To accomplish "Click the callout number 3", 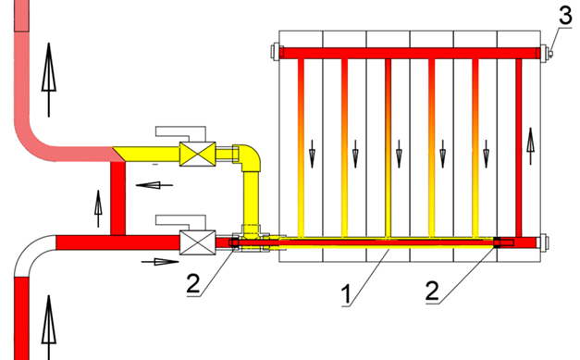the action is pyautogui.click(x=565, y=16).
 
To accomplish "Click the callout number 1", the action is pyautogui.click(x=346, y=294).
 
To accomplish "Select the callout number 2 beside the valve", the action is pyautogui.click(x=193, y=284).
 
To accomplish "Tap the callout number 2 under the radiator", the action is pyautogui.click(x=432, y=292).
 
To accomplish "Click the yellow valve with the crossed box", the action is pyautogui.click(x=198, y=154).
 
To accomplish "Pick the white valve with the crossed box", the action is pyautogui.click(x=198, y=242).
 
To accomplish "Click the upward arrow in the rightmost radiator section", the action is pyautogui.click(x=531, y=146).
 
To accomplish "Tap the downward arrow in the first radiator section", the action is pyautogui.click(x=312, y=154).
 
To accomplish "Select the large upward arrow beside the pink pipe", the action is pyautogui.click(x=49, y=80).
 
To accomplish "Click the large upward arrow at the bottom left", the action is pyautogui.click(x=49, y=328).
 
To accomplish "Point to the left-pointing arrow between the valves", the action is pyautogui.click(x=154, y=185).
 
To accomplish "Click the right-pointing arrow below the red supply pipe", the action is pyautogui.click(x=160, y=262).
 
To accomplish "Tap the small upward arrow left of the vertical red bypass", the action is pyautogui.click(x=98, y=208).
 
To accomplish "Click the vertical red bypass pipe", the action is pyautogui.click(x=118, y=198).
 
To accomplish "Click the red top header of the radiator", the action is pyautogui.click(x=410, y=53).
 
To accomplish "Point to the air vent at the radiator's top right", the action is pyautogui.click(x=550, y=54).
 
